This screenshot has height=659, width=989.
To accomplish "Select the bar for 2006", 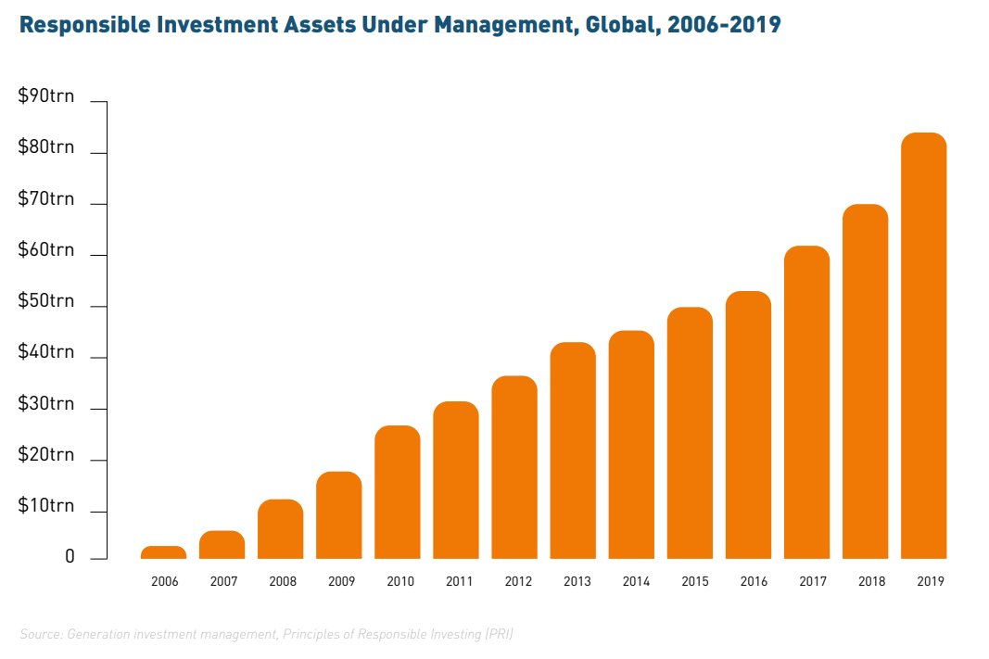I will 163,552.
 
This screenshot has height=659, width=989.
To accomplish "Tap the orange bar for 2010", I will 397,492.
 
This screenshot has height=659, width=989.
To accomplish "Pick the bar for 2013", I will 572,450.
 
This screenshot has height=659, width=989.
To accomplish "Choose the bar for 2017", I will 806,402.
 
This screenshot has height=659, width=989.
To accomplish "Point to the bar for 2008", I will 280,529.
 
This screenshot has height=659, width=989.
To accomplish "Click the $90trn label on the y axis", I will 46,96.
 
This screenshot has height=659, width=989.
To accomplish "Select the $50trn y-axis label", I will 46,301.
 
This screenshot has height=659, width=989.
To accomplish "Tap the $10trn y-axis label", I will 46,506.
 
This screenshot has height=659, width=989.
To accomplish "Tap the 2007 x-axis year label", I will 222,582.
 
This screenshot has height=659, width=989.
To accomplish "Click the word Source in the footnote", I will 39,634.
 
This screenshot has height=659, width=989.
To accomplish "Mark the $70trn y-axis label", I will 46,198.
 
